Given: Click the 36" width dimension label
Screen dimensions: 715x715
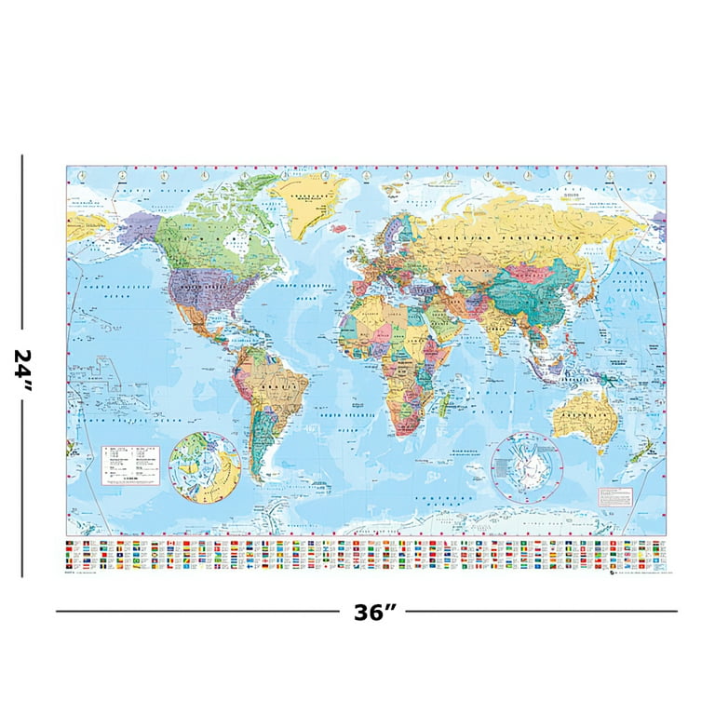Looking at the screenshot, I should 375,612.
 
